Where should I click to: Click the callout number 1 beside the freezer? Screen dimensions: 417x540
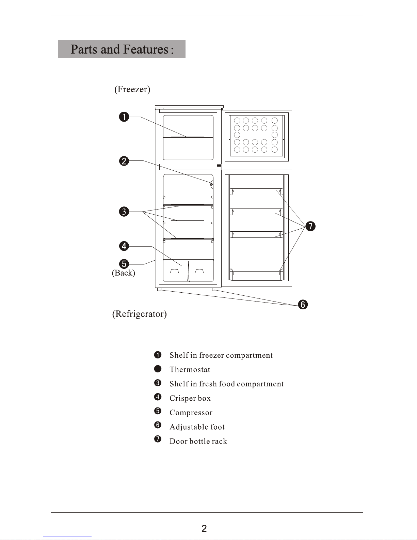pos(124,117)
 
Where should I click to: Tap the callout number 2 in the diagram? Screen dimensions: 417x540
pos(124,161)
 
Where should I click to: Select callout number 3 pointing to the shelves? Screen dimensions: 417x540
pos(124,212)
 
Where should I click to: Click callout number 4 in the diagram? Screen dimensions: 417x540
pos(124,246)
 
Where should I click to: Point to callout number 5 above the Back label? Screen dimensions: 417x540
pos(124,264)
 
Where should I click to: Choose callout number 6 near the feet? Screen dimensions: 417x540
pos(303,305)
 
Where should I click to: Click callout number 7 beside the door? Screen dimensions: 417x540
pos(310,226)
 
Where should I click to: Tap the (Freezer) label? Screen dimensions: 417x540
pos(132,89)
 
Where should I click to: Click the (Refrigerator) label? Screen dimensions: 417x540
pos(140,314)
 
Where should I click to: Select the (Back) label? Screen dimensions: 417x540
pos(123,273)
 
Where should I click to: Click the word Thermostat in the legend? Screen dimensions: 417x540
pos(190,370)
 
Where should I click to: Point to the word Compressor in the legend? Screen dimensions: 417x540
pos(191,413)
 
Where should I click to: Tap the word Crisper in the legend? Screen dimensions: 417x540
pos(182,398)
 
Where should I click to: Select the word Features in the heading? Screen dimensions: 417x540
pos(146,49)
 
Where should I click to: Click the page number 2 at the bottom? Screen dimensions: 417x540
pos(204,528)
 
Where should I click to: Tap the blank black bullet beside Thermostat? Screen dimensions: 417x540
pos(158,369)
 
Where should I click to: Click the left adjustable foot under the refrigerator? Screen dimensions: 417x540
pos(159,290)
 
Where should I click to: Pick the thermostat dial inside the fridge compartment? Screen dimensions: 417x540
pos(212,184)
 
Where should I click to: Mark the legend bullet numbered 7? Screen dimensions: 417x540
pos(158,439)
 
